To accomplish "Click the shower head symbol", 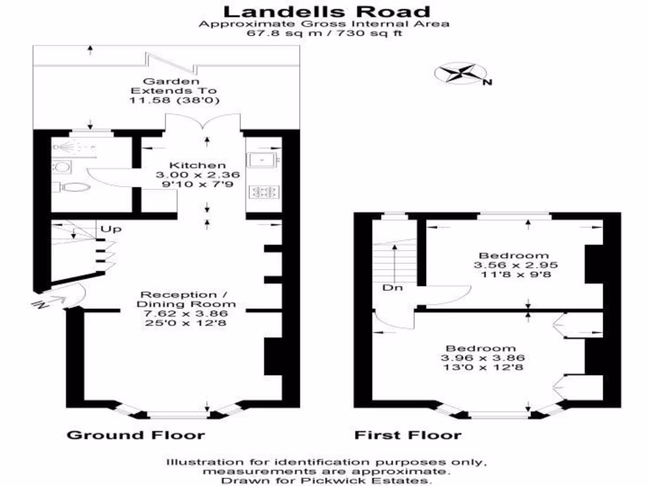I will pos(63,146).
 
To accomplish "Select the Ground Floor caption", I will pos(136,435).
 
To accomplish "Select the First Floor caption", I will pos(408,435).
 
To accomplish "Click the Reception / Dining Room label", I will pos(178,299).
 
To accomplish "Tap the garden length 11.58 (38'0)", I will pos(179,101).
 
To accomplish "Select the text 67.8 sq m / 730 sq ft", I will pos(324,33).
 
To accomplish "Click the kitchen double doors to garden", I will pos(204,122).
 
